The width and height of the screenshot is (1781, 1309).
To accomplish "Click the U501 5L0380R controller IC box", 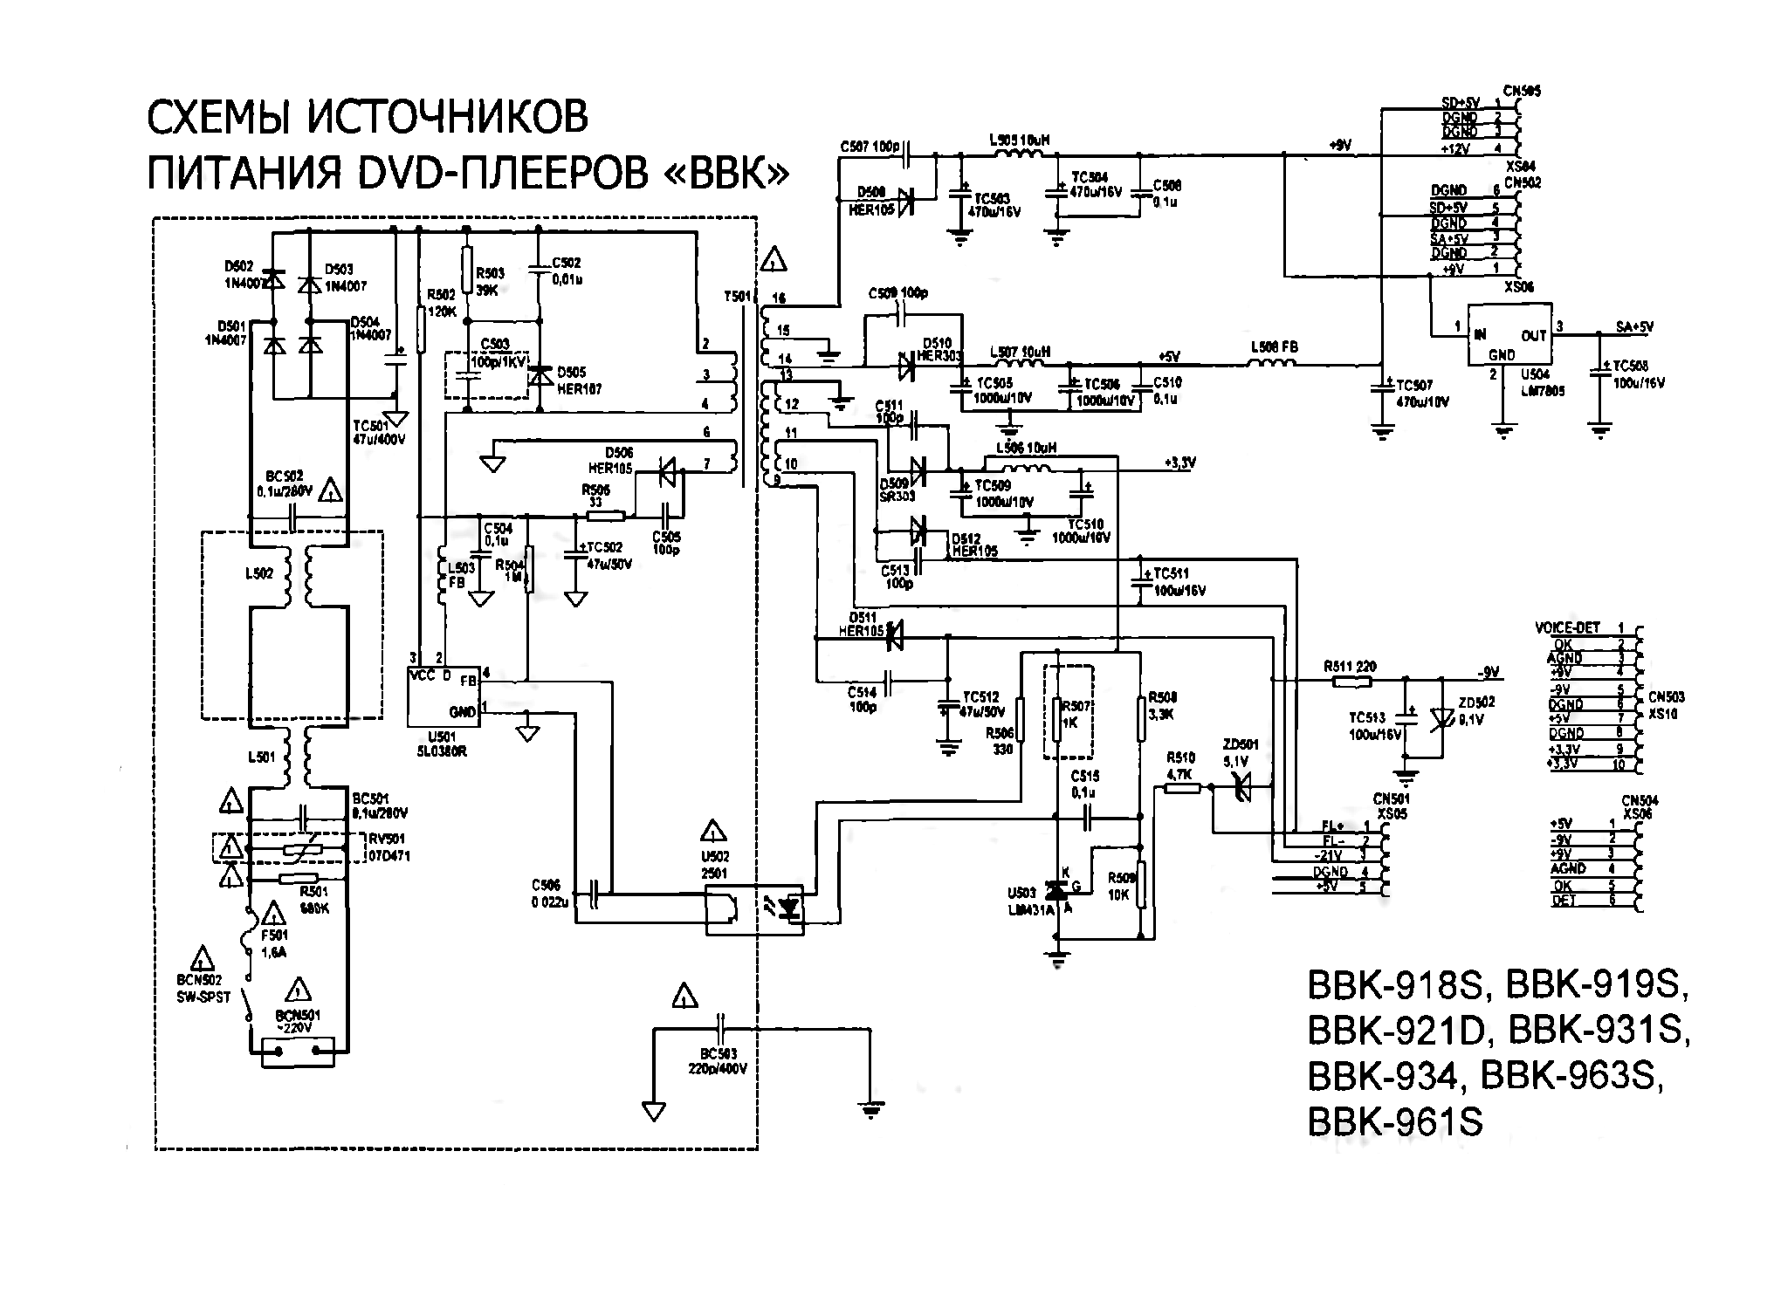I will click(444, 697).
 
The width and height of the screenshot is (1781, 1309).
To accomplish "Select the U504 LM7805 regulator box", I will click(1509, 335).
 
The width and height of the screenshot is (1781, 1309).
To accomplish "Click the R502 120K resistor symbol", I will click(422, 329).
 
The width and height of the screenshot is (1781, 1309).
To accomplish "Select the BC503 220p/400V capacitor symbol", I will click(721, 1030).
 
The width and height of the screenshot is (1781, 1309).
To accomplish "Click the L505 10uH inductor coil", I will click(1018, 154).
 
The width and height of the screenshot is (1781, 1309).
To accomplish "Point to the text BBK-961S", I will click(1394, 1121).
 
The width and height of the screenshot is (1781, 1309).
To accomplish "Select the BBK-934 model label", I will click(1381, 1077).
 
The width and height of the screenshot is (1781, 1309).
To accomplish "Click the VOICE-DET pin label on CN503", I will click(1567, 627).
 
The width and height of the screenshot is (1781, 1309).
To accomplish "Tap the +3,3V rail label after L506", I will click(1179, 463).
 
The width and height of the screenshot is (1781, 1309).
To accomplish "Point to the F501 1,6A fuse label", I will click(273, 944).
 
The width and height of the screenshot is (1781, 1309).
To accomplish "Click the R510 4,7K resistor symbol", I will click(1181, 788).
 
